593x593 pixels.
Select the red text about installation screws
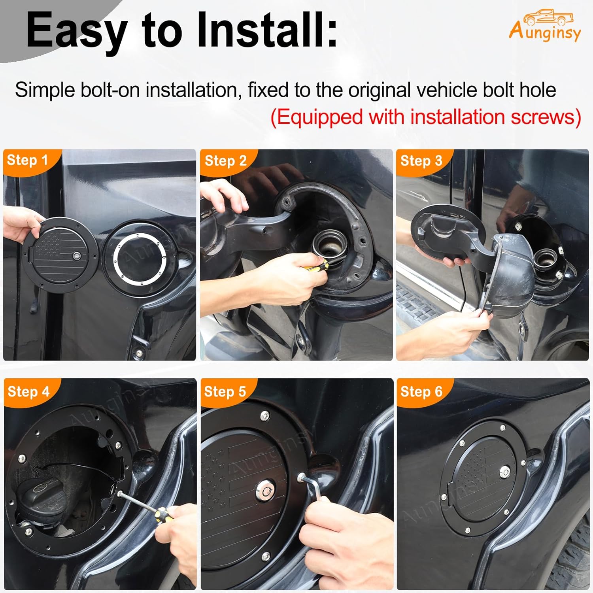point(425,117)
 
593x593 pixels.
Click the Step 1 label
point(27,160)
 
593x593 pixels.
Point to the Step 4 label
point(28,391)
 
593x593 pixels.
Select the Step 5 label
point(225,391)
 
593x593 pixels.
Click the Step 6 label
point(421,391)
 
